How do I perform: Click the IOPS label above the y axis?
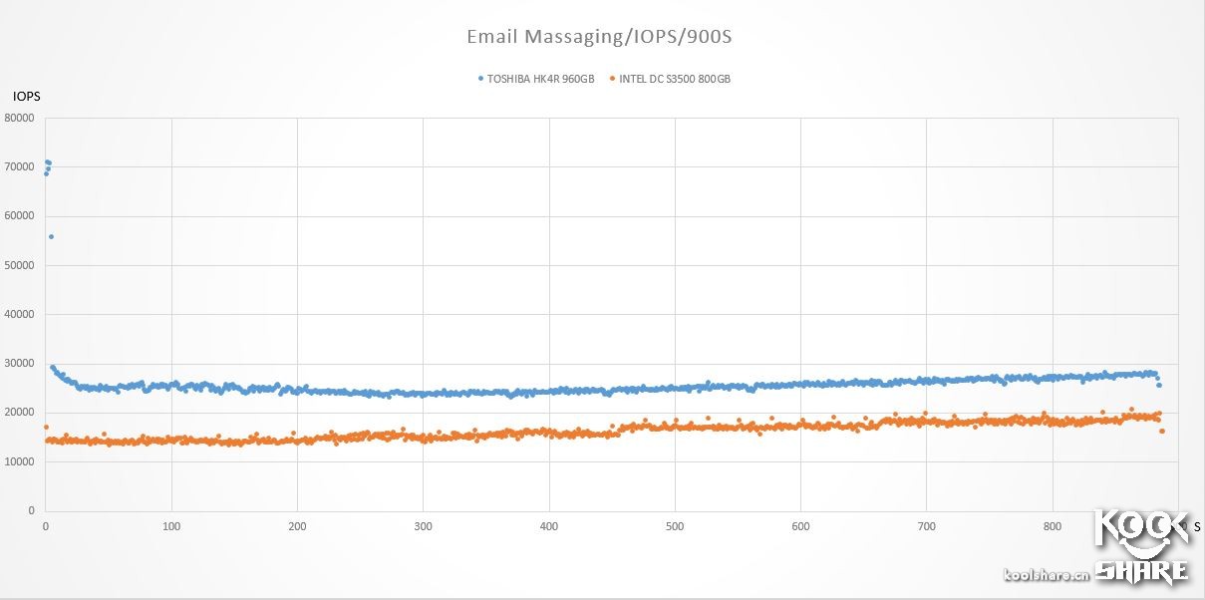click(x=25, y=97)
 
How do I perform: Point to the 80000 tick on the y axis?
click(x=20, y=119)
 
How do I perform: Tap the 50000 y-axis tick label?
click(x=20, y=266)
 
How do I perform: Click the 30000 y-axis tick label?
click(x=20, y=364)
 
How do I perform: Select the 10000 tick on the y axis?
click(x=20, y=462)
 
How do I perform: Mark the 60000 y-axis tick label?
click(x=20, y=216)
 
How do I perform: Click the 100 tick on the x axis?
click(x=171, y=525)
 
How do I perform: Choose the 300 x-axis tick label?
click(x=423, y=525)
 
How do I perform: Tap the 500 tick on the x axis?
click(x=675, y=525)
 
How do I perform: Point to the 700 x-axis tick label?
click(x=926, y=525)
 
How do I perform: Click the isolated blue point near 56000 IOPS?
click(x=51, y=236)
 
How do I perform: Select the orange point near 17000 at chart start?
click(x=46, y=428)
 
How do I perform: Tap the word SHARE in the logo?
click(x=1142, y=570)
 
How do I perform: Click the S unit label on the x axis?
click(x=1196, y=525)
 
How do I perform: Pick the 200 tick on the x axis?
click(x=297, y=525)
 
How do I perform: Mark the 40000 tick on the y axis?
click(x=20, y=315)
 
